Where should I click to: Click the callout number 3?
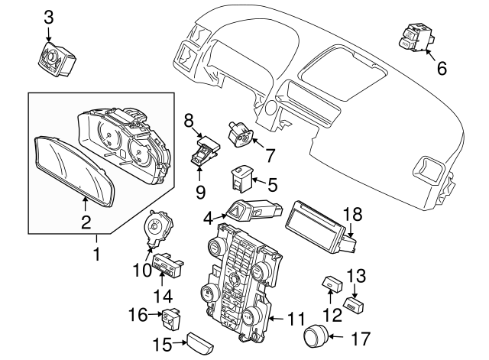(48, 16)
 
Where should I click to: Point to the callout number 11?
(295, 318)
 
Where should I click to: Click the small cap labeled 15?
(204, 342)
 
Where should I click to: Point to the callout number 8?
(189, 119)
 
